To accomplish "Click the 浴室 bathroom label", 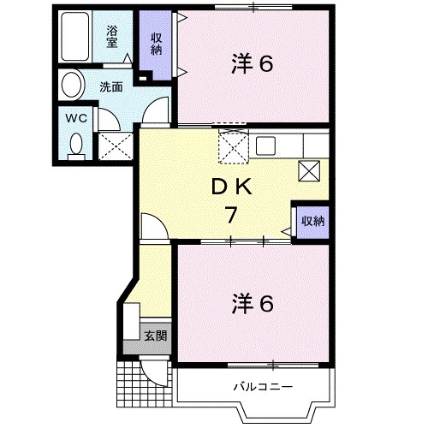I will (112, 37).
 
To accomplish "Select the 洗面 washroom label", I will (110, 86).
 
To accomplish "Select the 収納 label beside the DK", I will (312, 221).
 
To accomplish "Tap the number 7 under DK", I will (231, 216).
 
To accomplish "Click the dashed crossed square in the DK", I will (232, 147).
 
